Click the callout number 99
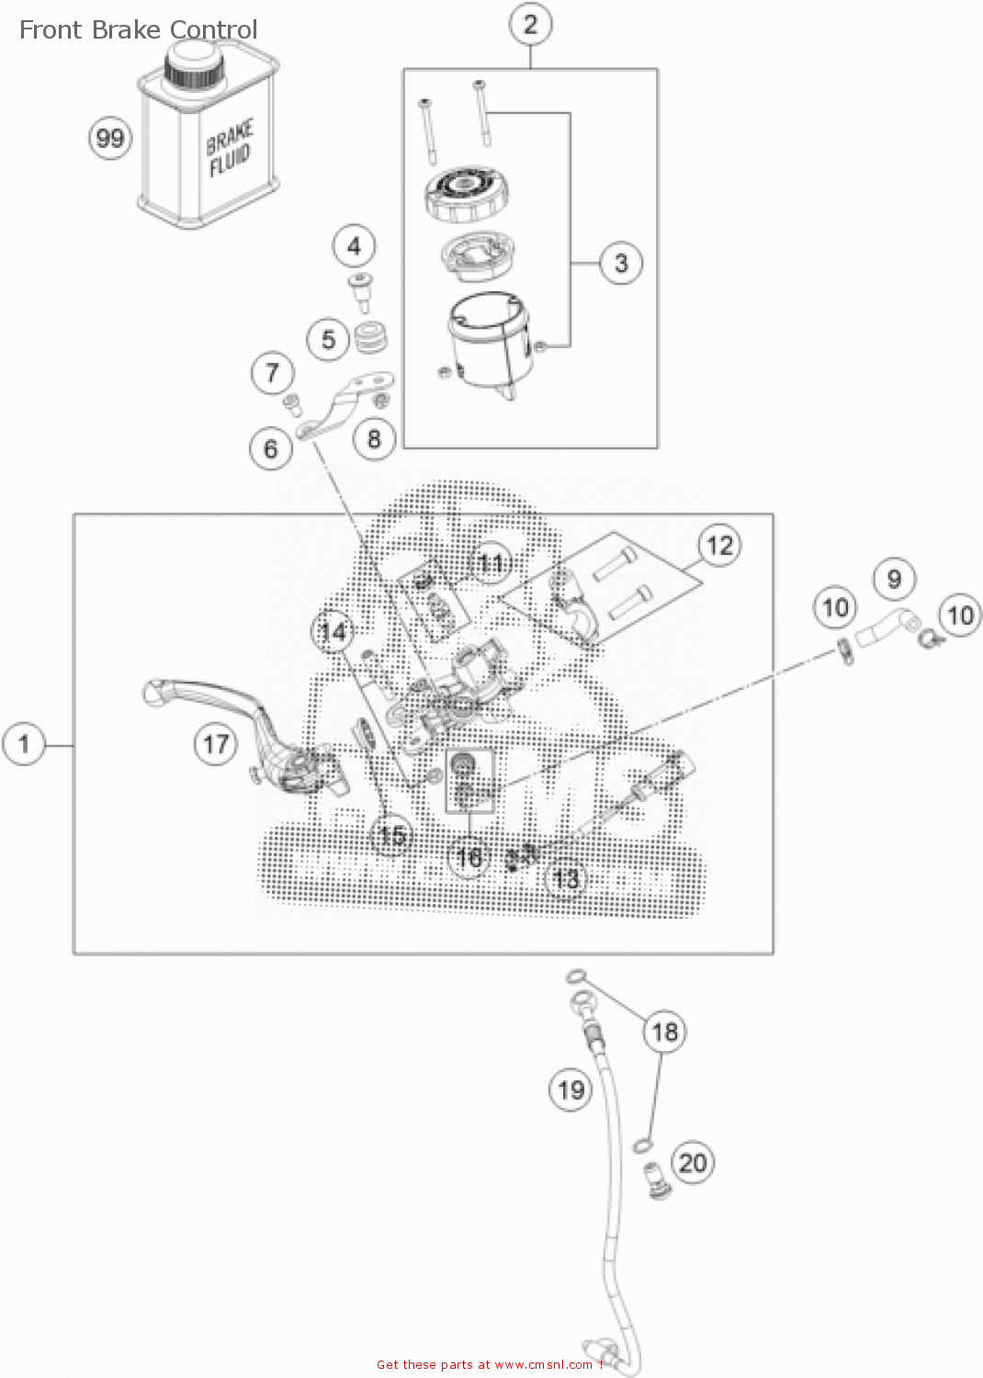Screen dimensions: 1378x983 tap(110, 139)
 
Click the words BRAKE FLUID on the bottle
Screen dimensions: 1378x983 tap(229, 149)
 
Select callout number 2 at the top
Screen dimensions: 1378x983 tap(530, 25)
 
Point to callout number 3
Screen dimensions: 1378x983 tap(621, 264)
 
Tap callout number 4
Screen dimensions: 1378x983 tap(354, 246)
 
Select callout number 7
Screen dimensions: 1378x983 tap(272, 373)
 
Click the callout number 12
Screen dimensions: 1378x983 tap(720, 546)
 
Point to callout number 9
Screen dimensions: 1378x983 tap(894, 580)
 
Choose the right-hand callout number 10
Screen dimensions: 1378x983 tap(960, 615)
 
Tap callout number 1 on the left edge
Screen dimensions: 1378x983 tap(25, 744)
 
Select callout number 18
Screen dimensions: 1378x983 tap(665, 1032)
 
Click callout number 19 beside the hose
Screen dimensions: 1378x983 tap(571, 1090)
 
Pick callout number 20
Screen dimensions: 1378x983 tap(693, 1162)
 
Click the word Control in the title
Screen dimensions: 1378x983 tap(214, 30)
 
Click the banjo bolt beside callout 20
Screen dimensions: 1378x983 tap(657, 1179)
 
